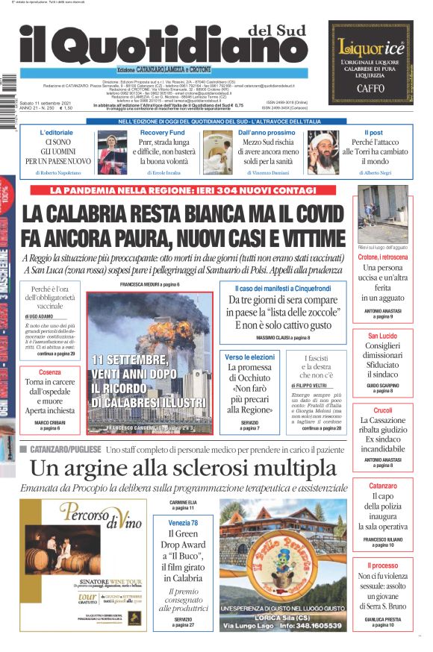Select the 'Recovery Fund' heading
click(163, 132)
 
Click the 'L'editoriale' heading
click(57, 132)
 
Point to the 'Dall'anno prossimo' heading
click(267, 132)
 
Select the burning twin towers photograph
click(149, 358)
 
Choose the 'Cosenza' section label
click(50, 372)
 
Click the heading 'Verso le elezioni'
click(249, 357)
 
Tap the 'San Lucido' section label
click(382, 336)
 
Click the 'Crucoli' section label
click(382, 410)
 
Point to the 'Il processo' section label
click(382, 566)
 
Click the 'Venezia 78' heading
click(183, 523)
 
